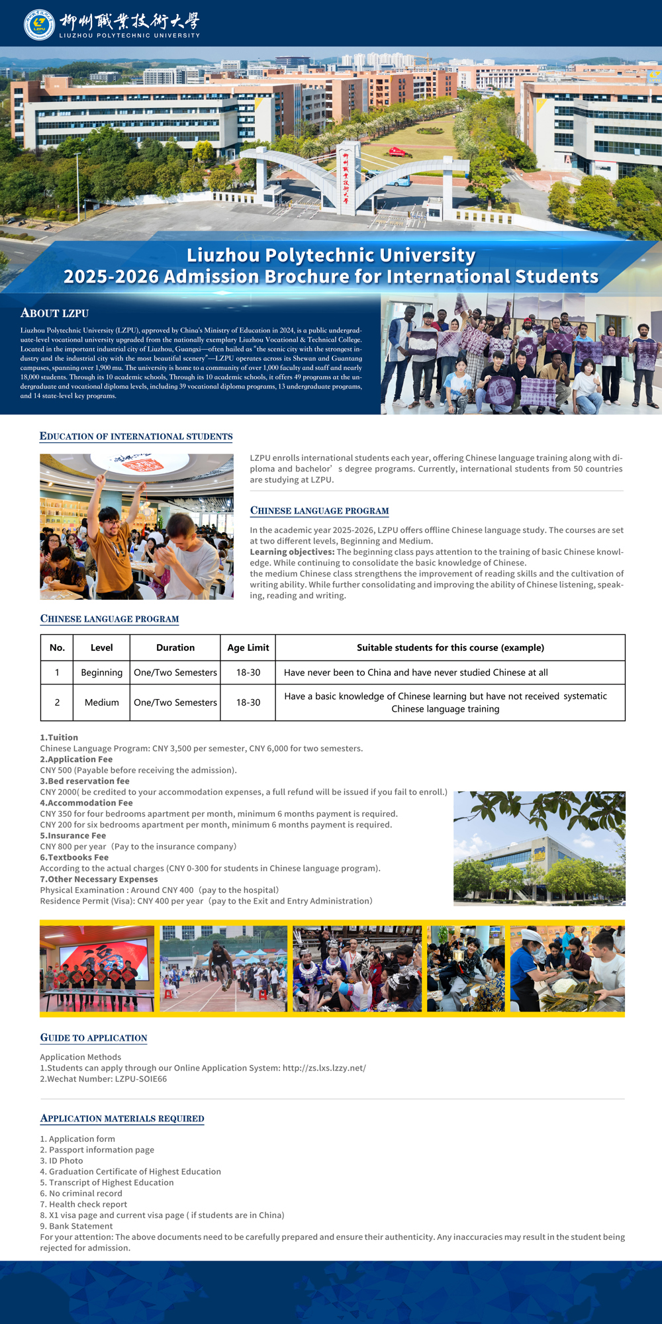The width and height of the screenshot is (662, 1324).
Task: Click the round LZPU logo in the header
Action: pyautogui.click(x=39, y=24)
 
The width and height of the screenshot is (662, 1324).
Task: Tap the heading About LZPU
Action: pyautogui.click(x=54, y=313)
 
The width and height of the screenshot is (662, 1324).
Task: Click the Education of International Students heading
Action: pyautogui.click(x=136, y=436)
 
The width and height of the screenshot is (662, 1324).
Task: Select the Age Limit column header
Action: pyautogui.click(x=248, y=647)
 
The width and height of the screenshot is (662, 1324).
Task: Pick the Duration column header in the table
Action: pyautogui.click(x=175, y=647)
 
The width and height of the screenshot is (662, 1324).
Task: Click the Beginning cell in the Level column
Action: pyautogui.click(x=101, y=673)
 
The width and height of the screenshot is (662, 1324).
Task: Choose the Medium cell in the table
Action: pyautogui.click(x=101, y=702)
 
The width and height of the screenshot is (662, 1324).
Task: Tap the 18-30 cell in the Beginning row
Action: pyautogui.click(x=248, y=673)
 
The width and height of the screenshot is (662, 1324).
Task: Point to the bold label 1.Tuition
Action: pyautogui.click(x=59, y=737)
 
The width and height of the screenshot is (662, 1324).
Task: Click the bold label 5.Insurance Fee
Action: pyautogui.click(x=73, y=835)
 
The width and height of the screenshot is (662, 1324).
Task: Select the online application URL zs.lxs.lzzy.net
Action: pyautogui.click(x=324, y=1068)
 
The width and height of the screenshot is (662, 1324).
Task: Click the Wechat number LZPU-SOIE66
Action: pyautogui.click(x=141, y=1078)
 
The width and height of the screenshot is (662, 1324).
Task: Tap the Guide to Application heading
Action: pyautogui.click(x=93, y=1038)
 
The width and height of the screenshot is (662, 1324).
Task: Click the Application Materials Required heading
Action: pyautogui.click(x=122, y=1119)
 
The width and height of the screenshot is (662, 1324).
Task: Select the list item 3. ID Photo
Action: pyautogui.click(x=62, y=1160)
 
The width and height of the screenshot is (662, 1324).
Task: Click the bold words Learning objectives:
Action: pyautogui.click(x=292, y=552)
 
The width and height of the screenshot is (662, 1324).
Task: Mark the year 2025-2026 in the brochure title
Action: pyautogui.click(x=111, y=277)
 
